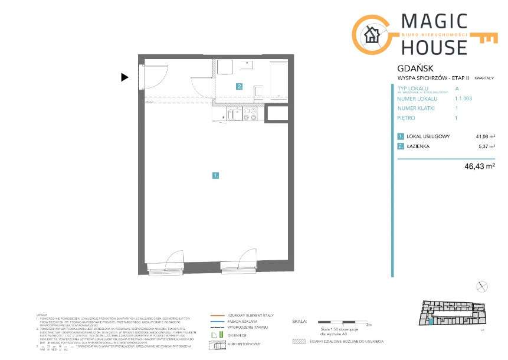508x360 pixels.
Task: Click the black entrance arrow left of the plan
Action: pyautogui.click(x=124, y=77)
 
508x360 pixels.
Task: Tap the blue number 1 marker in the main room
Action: pyautogui.click(x=217, y=175)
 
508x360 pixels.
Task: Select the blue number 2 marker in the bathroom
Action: pyautogui.click(x=240, y=86)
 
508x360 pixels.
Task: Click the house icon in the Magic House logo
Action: pyautogui.click(x=372, y=35)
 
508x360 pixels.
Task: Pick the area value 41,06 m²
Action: pyautogui.click(x=485, y=136)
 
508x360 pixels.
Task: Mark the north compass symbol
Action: pyautogui.click(x=483, y=286)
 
